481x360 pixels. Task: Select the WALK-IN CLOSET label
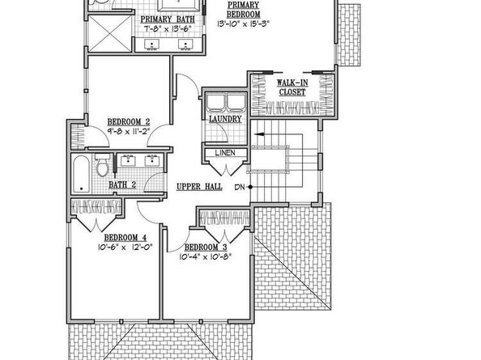click(290, 87)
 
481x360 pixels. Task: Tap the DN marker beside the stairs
click(240, 187)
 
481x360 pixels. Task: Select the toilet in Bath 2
click(101, 168)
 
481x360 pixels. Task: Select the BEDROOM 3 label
click(207, 247)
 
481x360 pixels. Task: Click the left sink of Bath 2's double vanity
click(130, 161)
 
